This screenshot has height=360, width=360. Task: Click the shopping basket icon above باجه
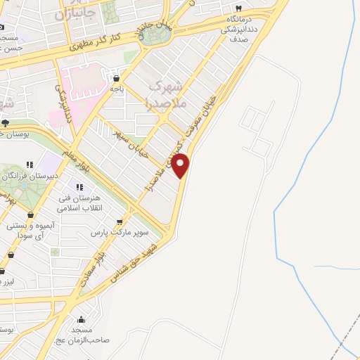[116, 79]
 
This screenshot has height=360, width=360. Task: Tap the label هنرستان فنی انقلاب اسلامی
[81, 203]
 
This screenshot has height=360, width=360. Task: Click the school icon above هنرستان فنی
[79, 187]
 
